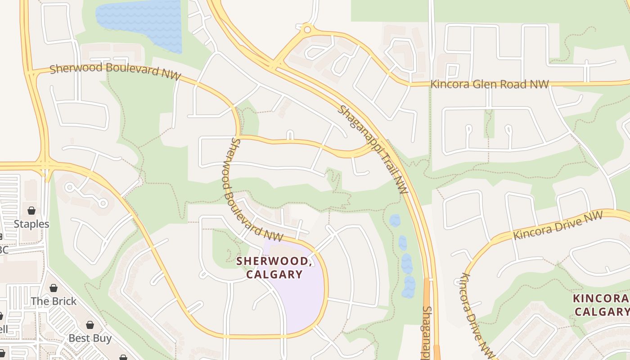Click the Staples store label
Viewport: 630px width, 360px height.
pyautogui.click(x=31, y=224)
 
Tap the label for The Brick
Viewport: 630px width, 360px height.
pyautogui.click(x=54, y=301)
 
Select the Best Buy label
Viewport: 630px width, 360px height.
pyautogui.click(x=90, y=338)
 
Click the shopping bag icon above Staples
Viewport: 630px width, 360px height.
pyautogui.click(x=31, y=211)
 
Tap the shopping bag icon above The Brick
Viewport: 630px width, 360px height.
pyautogui.click(x=54, y=288)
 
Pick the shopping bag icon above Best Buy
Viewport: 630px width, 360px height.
pyautogui.click(x=90, y=325)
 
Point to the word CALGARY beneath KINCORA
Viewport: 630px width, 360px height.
pyautogui.click(x=602, y=311)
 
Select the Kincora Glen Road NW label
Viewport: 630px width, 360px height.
pyautogui.click(x=490, y=84)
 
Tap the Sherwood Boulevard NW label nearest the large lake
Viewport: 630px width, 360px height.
pyautogui.click(x=115, y=71)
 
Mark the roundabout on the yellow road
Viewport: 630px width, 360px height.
pyautogui.click(x=307, y=30)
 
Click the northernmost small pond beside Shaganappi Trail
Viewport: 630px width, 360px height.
pyautogui.click(x=395, y=220)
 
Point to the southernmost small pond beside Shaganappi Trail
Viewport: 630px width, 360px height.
pyautogui.click(x=409, y=287)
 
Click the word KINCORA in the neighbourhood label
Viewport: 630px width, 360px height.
pyautogui.click(x=601, y=298)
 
